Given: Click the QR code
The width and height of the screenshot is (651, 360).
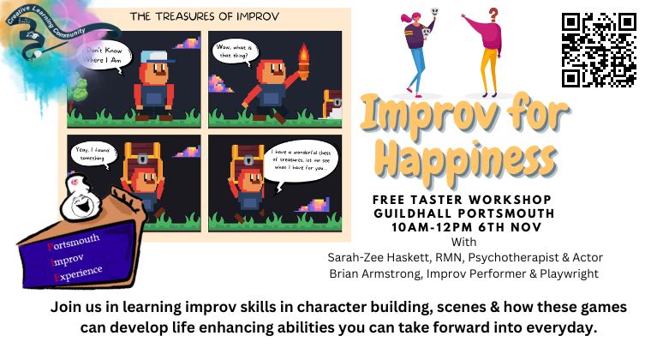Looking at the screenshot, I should pos(598,49).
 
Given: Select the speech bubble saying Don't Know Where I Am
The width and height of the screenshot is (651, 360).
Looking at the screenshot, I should pos(104,54).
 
